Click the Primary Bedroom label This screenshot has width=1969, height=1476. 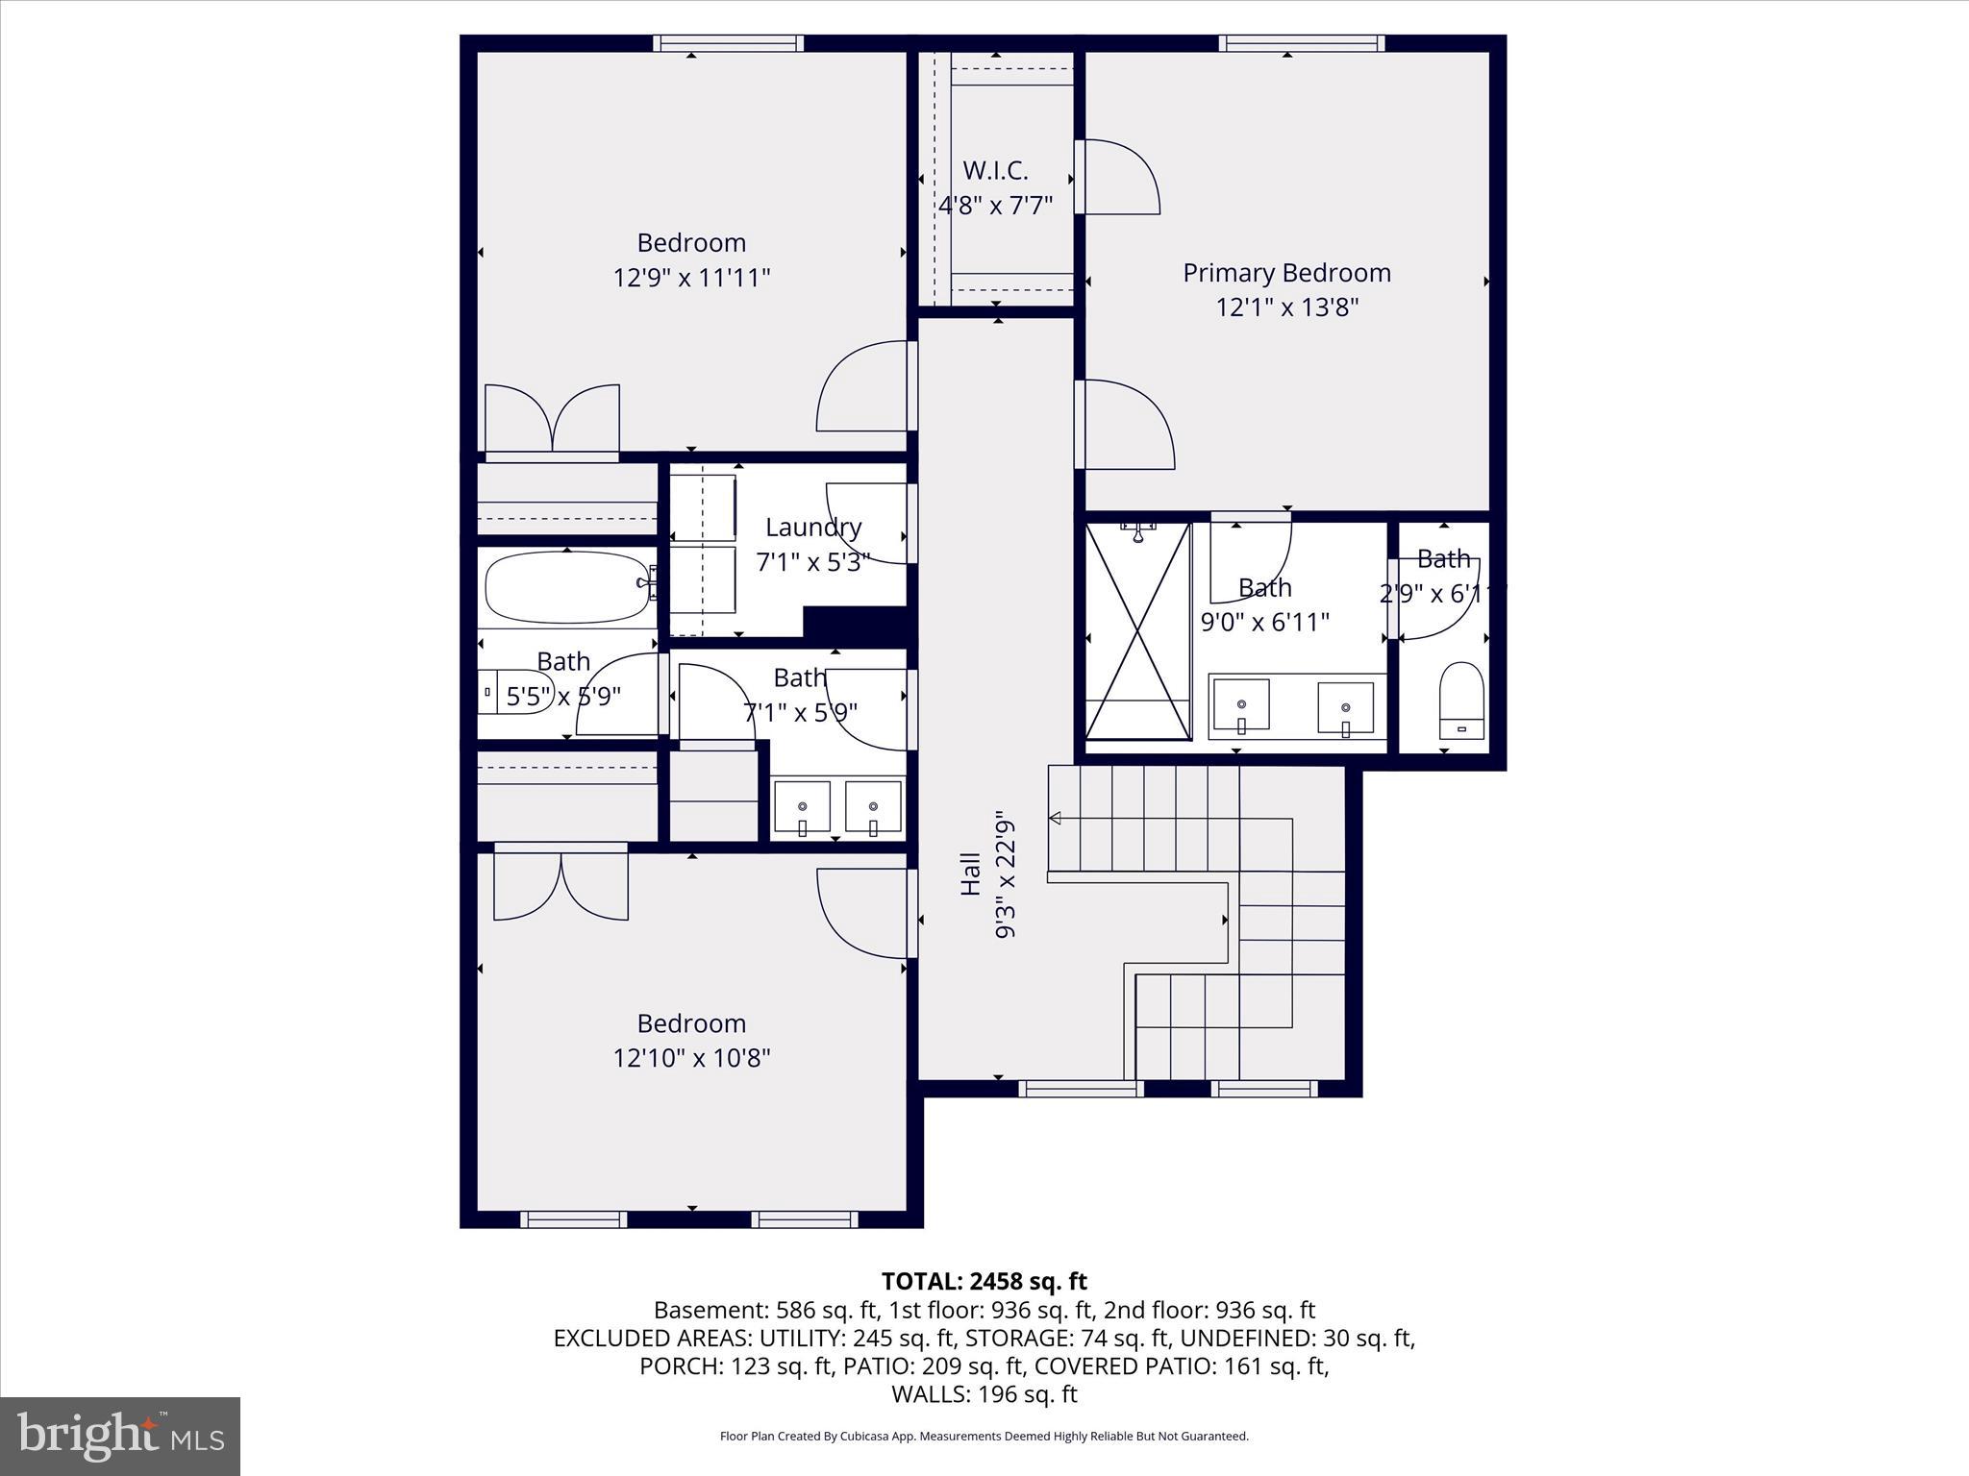click(1286, 273)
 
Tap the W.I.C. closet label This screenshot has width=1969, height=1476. click(995, 171)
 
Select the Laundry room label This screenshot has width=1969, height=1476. click(813, 527)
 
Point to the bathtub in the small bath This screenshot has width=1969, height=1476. click(567, 587)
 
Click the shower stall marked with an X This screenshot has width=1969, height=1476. click(1138, 631)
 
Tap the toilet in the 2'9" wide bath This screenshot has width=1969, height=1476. click(1461, 701)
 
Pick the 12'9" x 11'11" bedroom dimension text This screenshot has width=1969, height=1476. click(691, 278)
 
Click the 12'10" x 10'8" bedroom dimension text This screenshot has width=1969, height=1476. click(691, 1058)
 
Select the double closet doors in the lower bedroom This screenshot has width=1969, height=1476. click(561, 884)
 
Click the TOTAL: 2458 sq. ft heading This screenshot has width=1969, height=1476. click(984, 1281)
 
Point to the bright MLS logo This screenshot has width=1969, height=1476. click(119, 1436)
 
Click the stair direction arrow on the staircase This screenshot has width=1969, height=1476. click(1055, 818)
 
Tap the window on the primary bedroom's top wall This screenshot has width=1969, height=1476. click(1302, 42)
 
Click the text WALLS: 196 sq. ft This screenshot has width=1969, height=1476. click(984, 1394)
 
